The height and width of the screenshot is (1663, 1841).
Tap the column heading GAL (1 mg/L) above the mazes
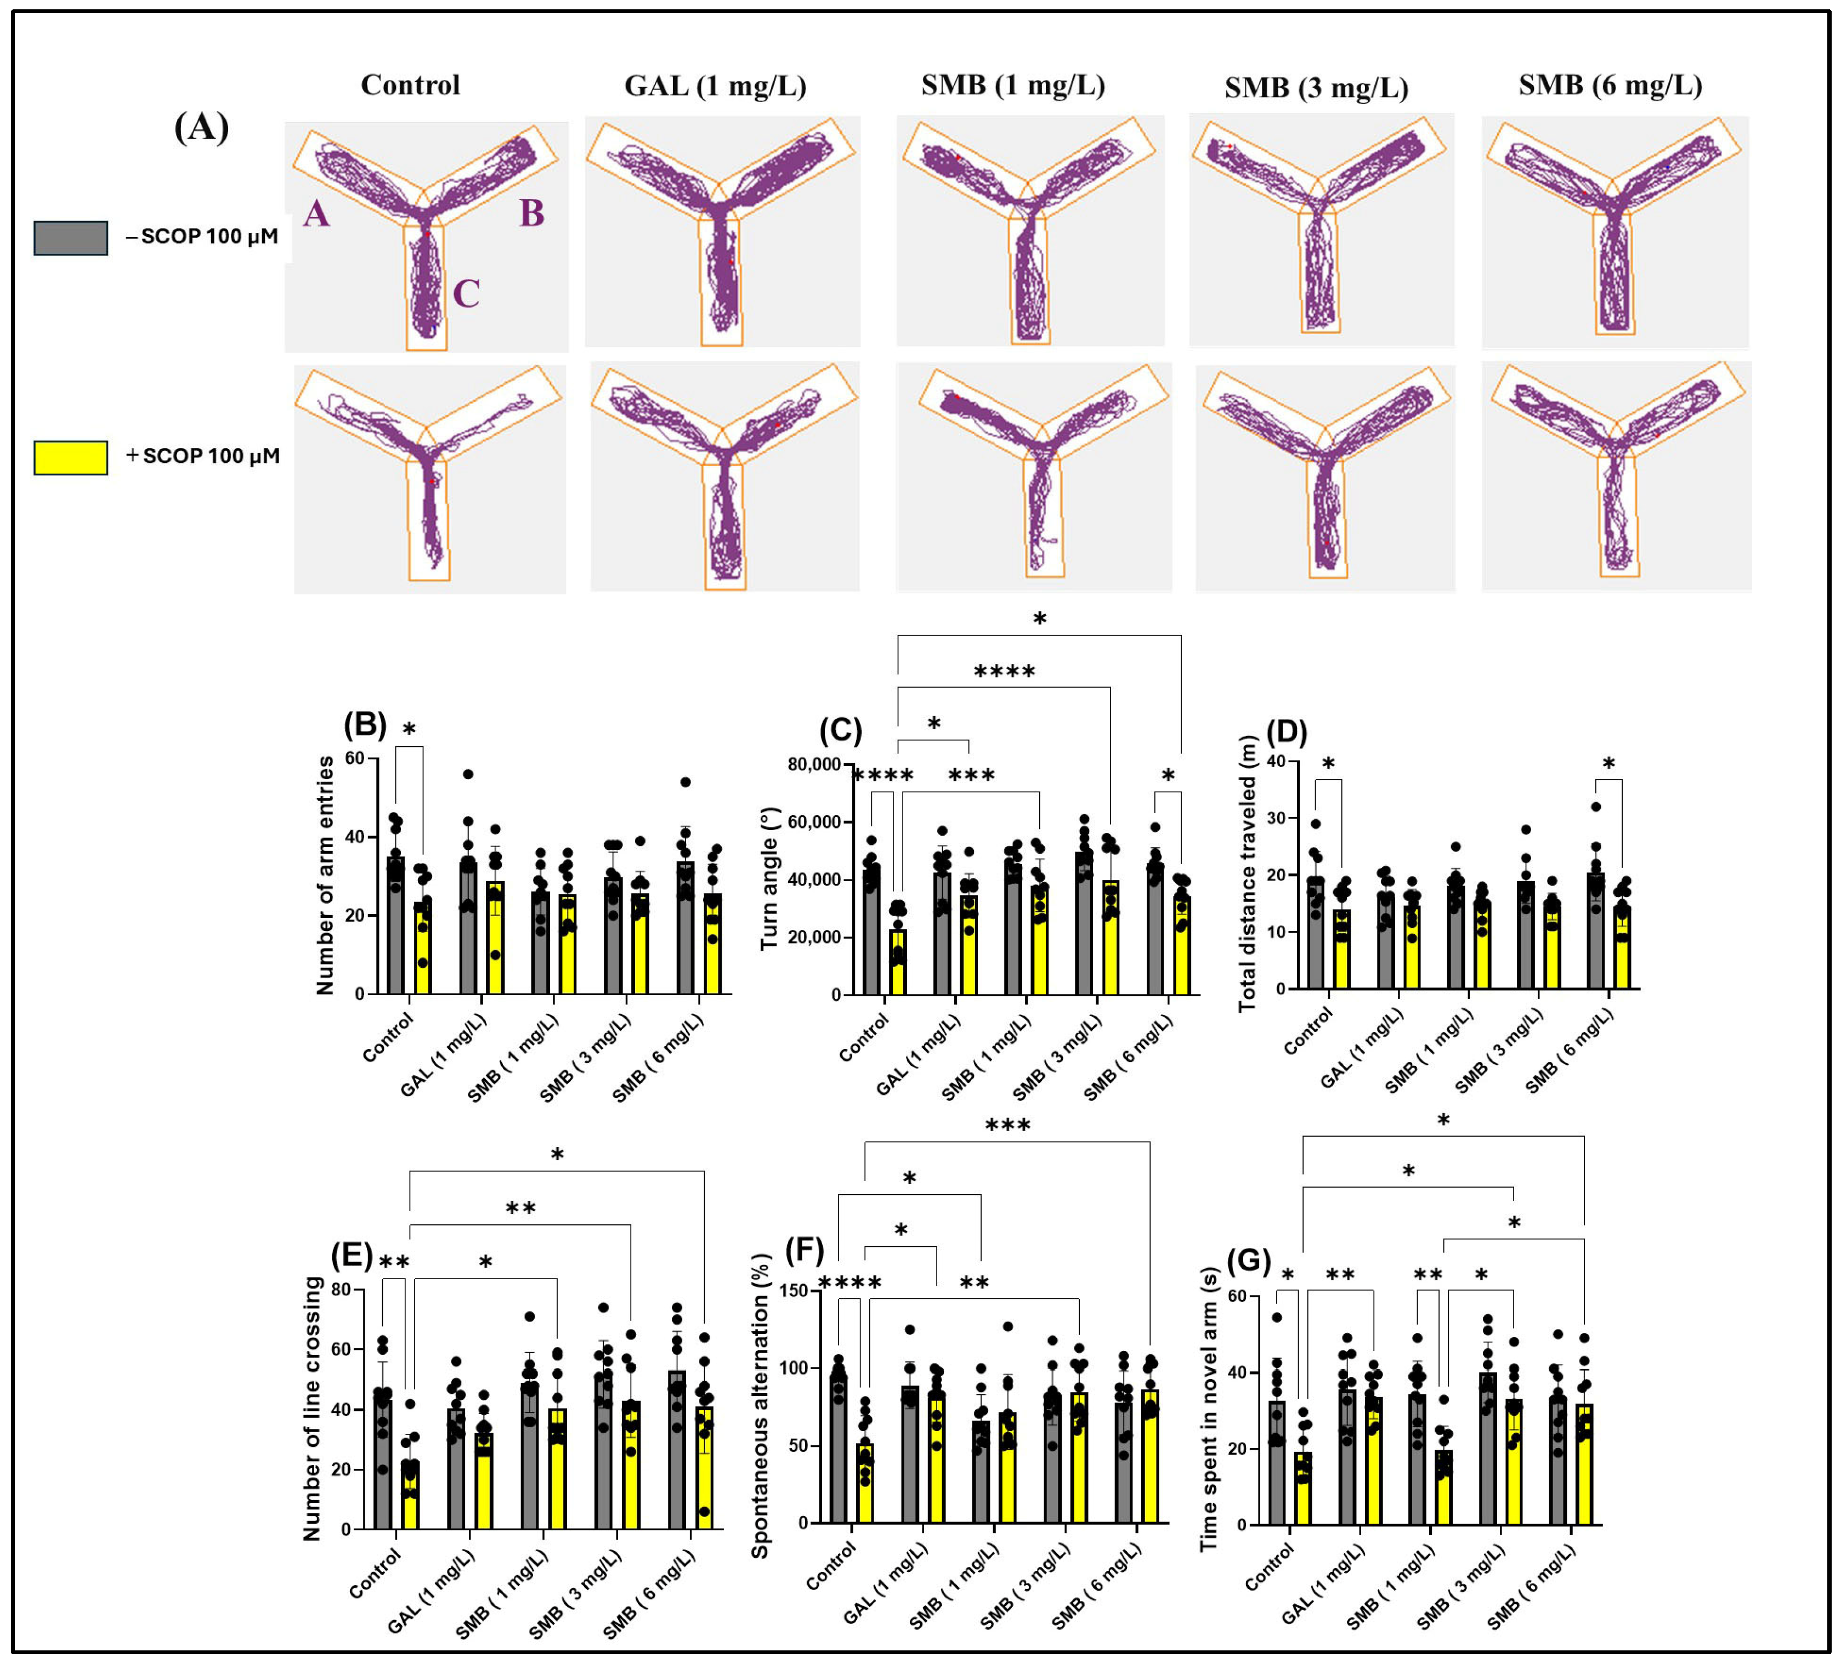[715, 86]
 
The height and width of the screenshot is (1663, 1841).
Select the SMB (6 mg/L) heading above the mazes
[1610, 85]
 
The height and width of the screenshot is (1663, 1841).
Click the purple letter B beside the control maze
[531, 214]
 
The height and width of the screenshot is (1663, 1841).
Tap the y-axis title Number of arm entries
[325, 875]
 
